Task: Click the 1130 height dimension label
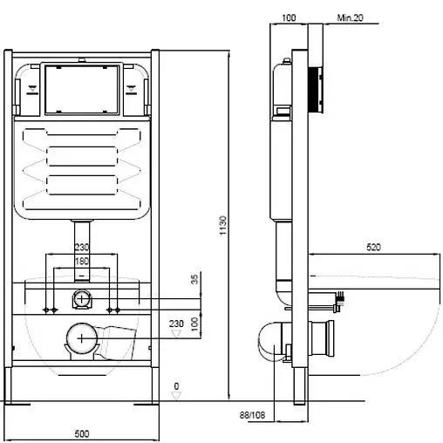pyautogui.click(x=222, y=225)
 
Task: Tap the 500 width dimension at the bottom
pyautogui.click(x=82, y=434)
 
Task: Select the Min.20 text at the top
pyautogui.click(x=350, y=17)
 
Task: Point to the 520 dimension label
pyautogui.click(x=373, y=248)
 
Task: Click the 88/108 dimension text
pyautogui.click(x=252, y=415)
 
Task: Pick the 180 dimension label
pyautogui.click(x=82, y=261)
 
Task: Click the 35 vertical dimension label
pyautogui.click(x=194, y=279)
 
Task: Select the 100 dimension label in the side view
pyautogui.click(x=289, y=17)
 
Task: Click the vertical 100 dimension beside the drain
pyautogui.click(x=194, y=324)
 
